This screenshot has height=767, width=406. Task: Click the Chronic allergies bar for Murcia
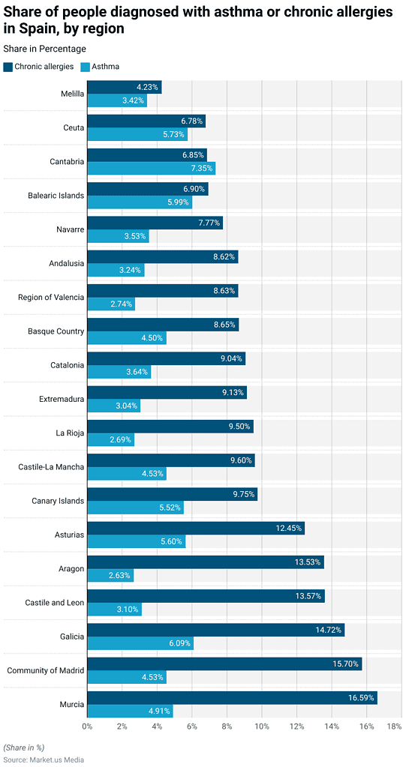pos(232,698)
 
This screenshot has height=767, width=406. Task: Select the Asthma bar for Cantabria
pos(151,168)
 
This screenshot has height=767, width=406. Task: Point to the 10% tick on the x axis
pos(262,727)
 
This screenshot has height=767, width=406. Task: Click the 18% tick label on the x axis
pos(394,727)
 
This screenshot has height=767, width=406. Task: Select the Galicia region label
pos(68,637)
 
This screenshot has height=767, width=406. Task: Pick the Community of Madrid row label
pos(46,670)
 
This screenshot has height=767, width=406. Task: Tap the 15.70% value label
pos(344,664)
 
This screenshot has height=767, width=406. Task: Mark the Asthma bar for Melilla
pos(117,100)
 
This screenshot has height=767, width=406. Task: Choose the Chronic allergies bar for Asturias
pos(196,529)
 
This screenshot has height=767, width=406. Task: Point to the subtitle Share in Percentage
pos(44,49)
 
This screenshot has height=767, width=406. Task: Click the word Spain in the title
pos(30,29)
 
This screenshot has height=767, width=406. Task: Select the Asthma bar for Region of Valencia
pos(111,304)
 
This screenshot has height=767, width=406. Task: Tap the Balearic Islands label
pos(51,196)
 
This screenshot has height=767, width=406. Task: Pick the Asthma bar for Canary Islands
pos(135,508)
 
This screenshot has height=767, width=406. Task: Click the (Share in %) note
pos(24,748)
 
